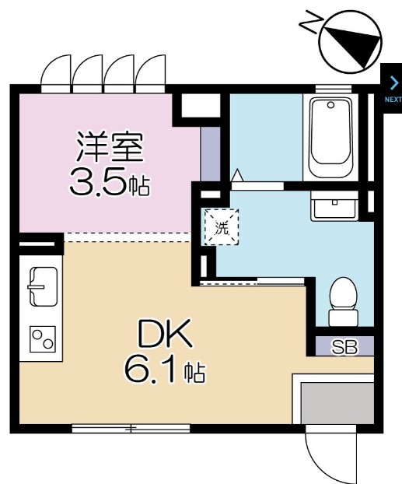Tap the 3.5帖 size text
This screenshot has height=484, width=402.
click(109, 184)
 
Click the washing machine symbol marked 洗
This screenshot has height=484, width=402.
click(222, 228)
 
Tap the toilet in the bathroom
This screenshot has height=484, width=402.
click(342, 302)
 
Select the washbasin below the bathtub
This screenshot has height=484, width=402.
click(333, 208)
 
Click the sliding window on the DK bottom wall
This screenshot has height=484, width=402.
click(131, 427)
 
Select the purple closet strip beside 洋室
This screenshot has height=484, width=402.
click(208, 154)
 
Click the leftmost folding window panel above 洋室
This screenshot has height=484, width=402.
click(56, 74)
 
